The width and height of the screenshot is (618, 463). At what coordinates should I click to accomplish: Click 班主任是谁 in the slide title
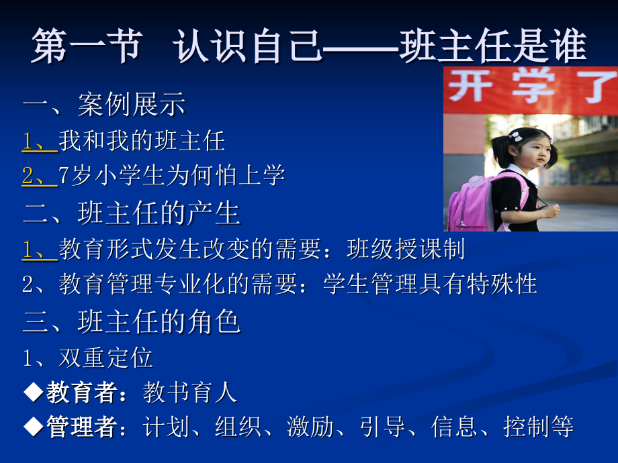(x=493, y=48)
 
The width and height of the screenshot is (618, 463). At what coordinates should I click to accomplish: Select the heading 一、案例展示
(x=104, y=105)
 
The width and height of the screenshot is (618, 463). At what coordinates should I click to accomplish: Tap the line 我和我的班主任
(x=142, y=140)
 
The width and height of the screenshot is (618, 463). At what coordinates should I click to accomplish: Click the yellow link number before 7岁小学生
(x=38, y=175)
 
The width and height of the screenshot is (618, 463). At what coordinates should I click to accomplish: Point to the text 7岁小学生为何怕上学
(x=172, y=175)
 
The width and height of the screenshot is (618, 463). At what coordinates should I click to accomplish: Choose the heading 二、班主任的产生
(x=132, y=213)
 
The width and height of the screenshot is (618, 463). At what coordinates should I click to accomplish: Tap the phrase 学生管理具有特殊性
(x=430, y=284)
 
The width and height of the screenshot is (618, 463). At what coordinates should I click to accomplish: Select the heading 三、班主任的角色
(x=132, y=321)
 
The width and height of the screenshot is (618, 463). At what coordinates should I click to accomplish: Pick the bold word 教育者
(x=81, y=393)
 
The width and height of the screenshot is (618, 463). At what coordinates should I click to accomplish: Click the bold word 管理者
(x=81, y=427)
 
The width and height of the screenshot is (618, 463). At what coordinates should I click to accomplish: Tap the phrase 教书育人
(x=190, y=393)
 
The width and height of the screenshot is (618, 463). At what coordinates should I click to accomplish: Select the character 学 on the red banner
(x=531, y=87)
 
